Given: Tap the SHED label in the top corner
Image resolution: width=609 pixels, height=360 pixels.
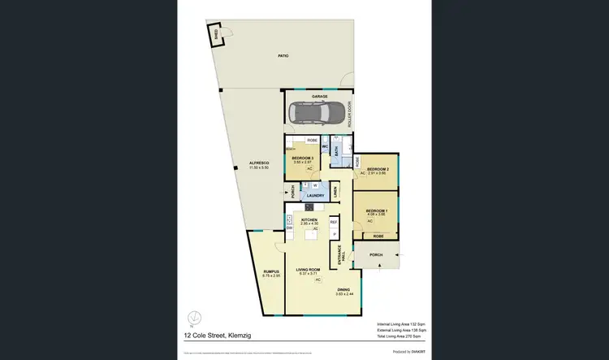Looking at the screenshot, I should pos(215,34).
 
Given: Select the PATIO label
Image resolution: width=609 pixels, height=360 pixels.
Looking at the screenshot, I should pos(283,56).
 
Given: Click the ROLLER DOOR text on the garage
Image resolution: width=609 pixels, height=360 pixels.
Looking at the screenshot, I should pos(350,113).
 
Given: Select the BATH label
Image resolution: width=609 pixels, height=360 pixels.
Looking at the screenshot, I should pos(336,153).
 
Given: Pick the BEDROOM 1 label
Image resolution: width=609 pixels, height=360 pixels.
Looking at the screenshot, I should pos(376,210).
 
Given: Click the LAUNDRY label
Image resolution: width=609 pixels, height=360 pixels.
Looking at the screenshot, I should pos(314,195).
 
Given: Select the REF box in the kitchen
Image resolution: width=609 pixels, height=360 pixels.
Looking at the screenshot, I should pos(333,221).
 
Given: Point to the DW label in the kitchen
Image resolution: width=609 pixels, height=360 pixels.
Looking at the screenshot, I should pos(289,228).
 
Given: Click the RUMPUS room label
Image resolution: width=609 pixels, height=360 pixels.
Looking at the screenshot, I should pos(270,272).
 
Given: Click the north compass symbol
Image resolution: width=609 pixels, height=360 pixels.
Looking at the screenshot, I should pos(192,318).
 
